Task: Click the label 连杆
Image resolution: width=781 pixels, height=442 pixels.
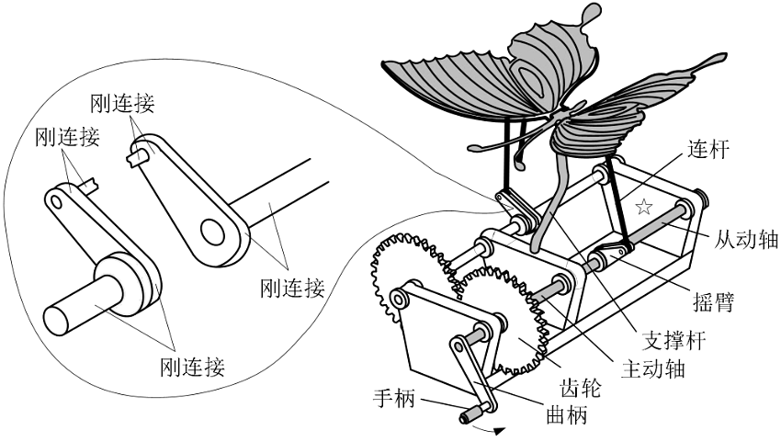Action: pos(708,150)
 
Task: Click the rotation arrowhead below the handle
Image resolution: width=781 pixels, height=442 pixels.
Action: pos(499,429)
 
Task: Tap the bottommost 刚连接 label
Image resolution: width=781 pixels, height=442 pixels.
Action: pos(193,368)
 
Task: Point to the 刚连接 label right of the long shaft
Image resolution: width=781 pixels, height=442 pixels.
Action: pos(292,288)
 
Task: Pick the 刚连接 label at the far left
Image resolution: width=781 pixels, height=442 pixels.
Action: pos(65,137)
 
